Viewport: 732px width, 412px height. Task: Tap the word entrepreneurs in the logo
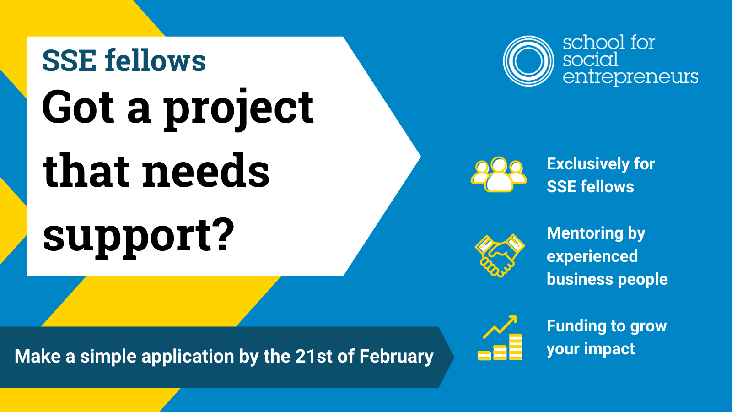coord(630,77)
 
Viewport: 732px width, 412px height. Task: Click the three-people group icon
coord(499,174)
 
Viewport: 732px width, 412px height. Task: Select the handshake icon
coord(500,255)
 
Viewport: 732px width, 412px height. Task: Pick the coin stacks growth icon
coord(500,338)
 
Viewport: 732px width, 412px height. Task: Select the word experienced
coord(592,257)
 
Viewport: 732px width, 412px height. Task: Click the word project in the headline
coord(238,109)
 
